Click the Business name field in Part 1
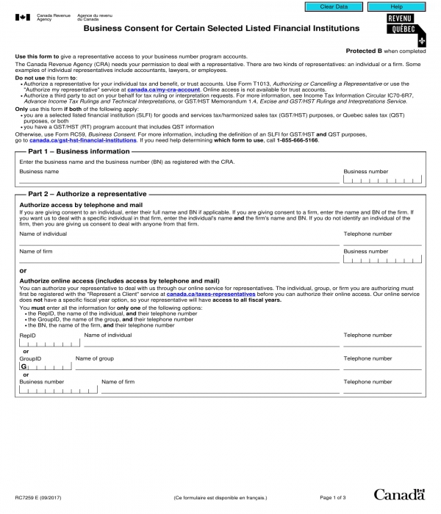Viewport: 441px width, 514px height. pos(176,178)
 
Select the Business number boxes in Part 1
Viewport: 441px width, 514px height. pos(382,178)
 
